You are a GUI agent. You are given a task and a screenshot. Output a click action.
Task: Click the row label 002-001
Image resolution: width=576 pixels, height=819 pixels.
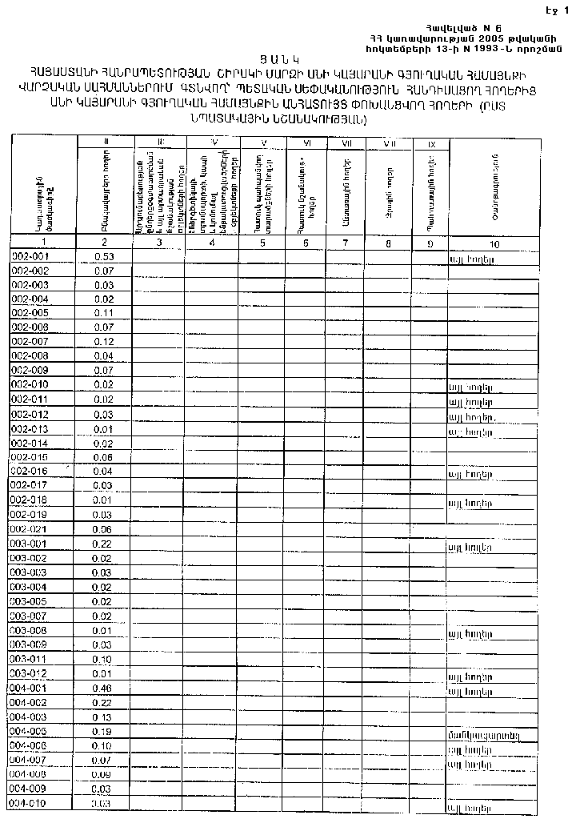pyautogui.click(x=31, y=257)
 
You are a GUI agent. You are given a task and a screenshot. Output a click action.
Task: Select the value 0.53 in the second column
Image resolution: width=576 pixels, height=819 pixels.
pyautogui.click(x=105, y=257)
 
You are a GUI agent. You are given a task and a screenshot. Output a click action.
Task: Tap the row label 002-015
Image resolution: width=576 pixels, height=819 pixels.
pyautogui.click(x=31, y=457)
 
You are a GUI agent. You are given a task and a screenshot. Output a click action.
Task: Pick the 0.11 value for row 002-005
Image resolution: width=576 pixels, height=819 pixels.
pyautogui.click(x=105, y=313)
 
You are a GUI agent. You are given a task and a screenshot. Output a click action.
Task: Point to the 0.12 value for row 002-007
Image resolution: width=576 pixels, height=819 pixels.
pyautogui.click(x=105, y=342)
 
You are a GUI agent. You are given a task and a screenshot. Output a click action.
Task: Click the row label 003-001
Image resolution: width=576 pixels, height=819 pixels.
pyautogui.click(x=31, y=544)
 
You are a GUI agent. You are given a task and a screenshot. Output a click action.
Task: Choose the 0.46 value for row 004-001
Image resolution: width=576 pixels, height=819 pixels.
pyautogui.click(x=105, y=688)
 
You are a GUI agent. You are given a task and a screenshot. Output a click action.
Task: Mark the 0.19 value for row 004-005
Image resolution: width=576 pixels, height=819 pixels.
pyautogui.click(x=105, y=732)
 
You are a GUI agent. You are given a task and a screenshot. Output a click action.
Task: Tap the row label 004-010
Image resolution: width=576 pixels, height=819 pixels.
pyautogui.click(x=31, y=804)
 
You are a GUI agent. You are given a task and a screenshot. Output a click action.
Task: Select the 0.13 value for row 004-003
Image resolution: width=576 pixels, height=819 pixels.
pyautogui.click(x=105, y=717)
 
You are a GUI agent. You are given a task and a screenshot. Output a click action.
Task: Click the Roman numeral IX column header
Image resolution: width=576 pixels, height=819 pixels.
pyautogui.click(x=432, y=144)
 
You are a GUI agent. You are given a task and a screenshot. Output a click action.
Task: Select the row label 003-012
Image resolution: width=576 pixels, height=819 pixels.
pyautogui.click(x=31, y=673)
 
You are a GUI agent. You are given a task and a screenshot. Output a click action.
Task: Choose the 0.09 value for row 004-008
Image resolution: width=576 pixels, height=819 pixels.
pyautogui.click(x=105, y=775)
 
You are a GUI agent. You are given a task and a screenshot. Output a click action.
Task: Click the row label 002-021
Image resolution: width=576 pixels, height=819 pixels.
pyautogui.click(x=31, y=529)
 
